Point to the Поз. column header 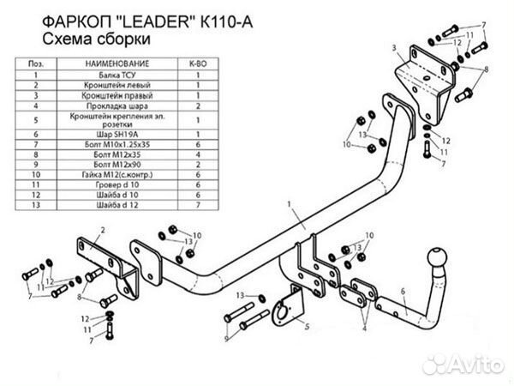point(37,64)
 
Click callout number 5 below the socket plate point(305,328)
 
